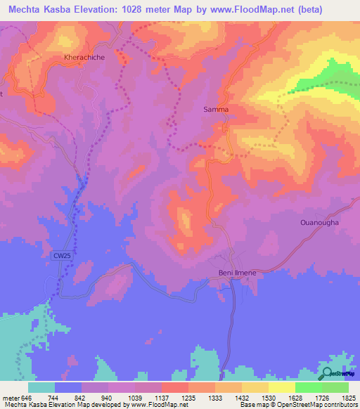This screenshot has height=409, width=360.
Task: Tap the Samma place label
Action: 216,110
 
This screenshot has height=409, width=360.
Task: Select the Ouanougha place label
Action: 319,223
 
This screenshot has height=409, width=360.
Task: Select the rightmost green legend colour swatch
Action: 335,387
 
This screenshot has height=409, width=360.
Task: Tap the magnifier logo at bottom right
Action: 327,375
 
